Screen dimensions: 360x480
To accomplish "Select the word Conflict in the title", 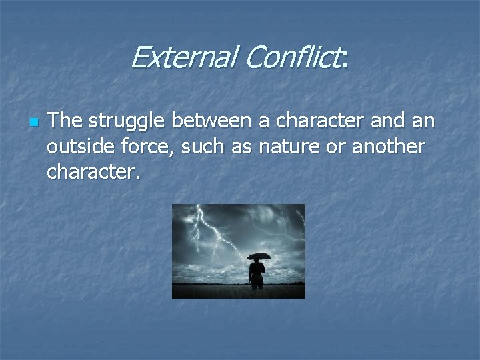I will click(x=292, y=58).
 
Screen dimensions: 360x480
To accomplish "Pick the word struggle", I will click(x=126, y=123).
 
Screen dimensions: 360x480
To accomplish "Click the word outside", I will click(x=77, y=147).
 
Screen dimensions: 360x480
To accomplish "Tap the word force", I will click(x=141, y=147).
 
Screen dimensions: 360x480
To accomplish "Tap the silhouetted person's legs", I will click(x=257, y=283).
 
